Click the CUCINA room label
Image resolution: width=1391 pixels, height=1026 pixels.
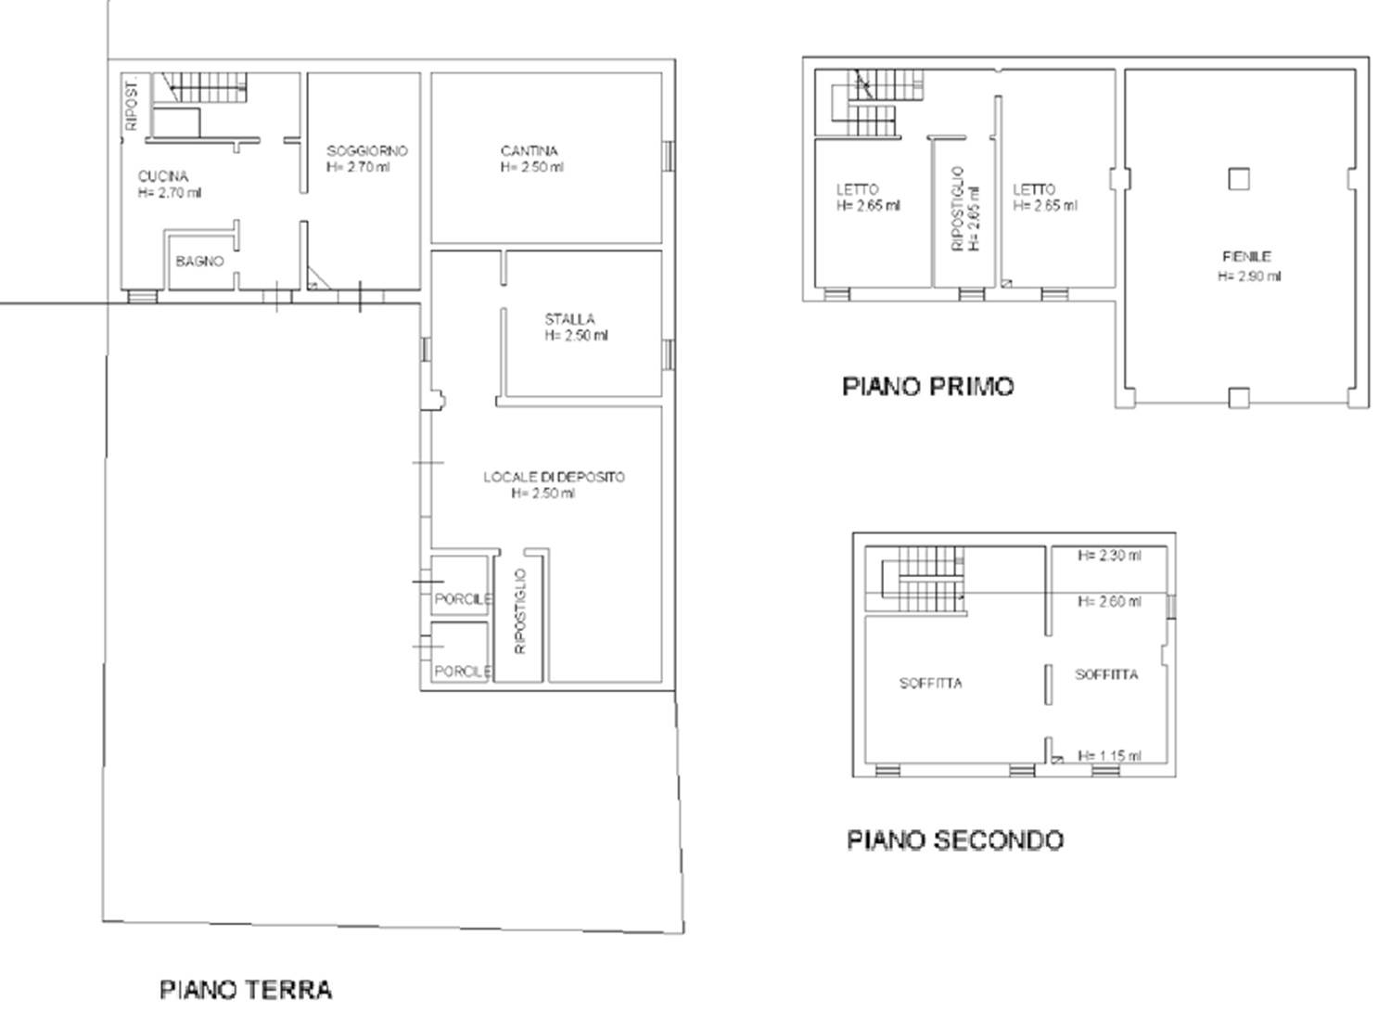(x=162, y=177)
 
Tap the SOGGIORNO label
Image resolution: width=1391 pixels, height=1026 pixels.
(x=367, y=151)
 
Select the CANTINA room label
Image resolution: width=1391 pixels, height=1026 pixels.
(x=530, y=151)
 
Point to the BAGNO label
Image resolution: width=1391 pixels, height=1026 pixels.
(x=199, y=262)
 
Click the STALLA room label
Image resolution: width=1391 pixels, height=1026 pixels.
(x=569, y=319)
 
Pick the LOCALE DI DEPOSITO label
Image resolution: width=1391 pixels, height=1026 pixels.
(x=554, y=477)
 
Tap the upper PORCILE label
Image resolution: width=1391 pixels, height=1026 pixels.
(x=464, y=599)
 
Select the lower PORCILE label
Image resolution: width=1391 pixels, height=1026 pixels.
(x=464, y=672)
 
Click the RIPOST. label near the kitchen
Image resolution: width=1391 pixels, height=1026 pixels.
(x=131, y=105)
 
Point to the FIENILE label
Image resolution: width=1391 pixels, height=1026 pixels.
(x=1247, y=256)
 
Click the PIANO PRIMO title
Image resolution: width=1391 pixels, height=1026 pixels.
(x=927, y=386)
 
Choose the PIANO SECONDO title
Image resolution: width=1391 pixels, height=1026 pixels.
(x=955, y=840)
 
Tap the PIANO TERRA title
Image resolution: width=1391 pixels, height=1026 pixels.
(x=246, y=990)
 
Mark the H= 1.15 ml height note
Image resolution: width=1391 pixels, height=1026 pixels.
(x=1109, y=756)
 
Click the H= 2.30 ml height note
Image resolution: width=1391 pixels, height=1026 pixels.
(x=1109, y=556)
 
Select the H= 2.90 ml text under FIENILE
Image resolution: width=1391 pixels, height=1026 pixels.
(x=1249, y=276)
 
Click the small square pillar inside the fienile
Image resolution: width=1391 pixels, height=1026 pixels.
(x=1239, y=179)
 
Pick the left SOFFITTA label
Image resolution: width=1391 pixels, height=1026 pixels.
(x=930, y=683)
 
